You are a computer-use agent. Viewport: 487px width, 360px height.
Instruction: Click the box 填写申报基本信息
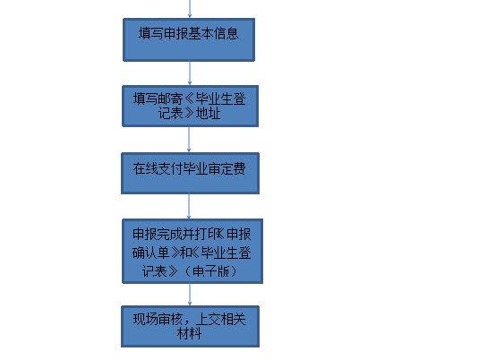click(x=189, y=39)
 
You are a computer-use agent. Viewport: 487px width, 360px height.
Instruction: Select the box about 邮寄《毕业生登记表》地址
click(x=189, y=106)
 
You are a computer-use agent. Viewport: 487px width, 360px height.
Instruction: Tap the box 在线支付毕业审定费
click(x=189, y=173)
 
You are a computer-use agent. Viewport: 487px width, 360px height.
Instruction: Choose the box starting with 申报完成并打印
click(x=192, y=251)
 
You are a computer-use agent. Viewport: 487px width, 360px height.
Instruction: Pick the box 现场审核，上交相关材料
click(x=192, y=326)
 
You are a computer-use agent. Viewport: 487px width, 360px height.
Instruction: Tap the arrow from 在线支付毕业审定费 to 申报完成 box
click(x=189, y=205)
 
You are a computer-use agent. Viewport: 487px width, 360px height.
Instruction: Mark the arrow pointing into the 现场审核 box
click(x=189, y=294)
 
